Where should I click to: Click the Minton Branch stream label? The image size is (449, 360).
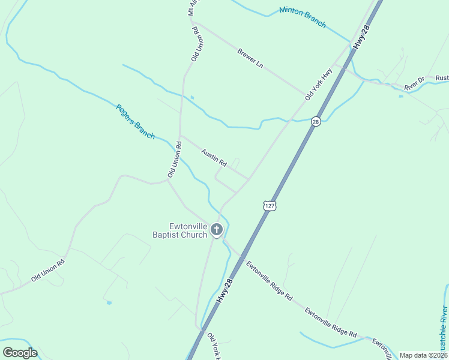coord(303,17)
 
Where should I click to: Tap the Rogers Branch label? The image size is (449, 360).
coord(135,122)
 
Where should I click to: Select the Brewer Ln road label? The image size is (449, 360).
coord(250,58)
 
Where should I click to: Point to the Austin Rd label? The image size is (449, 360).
coord(214,158)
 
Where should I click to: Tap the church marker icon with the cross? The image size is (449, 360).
coord(216,230)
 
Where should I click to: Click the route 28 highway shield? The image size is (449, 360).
coord(316,122)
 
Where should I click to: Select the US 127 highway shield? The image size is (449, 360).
coord(268,206)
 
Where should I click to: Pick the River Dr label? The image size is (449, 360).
coord(414,83)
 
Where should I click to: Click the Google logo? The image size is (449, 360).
coord(20,352)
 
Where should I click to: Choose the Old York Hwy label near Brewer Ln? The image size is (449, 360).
coord(318,84)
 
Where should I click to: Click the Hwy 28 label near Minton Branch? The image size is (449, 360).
coord(363,37)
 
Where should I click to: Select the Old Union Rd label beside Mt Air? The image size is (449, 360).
coord(195,44)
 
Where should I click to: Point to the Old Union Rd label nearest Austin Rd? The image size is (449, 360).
coord(174,159)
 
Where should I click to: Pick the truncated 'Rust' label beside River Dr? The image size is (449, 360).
coord(442,78)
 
